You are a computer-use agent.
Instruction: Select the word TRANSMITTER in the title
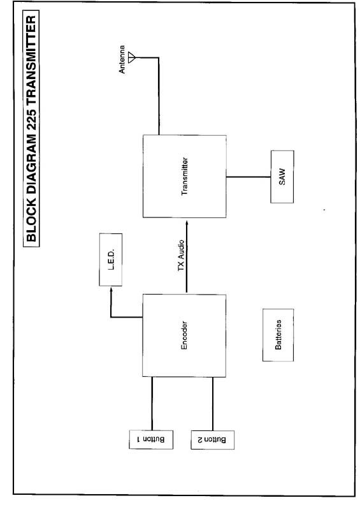(x=31, y=57)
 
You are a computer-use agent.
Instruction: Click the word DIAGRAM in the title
(x=31, y=162)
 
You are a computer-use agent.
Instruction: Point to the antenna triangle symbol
(x=132, y=57)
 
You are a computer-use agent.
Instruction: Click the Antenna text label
(x=122, y=59)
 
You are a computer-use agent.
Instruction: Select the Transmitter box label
(x=185, y=176)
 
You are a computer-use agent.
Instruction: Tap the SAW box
(x=282, y=177)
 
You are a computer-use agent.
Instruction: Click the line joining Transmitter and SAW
(x=248, y=177)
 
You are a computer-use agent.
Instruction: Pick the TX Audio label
(x=181, y=256)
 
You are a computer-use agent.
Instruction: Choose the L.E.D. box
(x=111, y=260)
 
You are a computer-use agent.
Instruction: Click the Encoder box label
(x=184, y=335)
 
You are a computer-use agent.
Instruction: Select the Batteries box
(x=278, y=335)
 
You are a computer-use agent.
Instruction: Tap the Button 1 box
(x=151, y=439)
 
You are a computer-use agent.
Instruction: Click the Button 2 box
(x=212, y=439)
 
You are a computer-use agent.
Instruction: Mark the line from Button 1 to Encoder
(x=152, y=404)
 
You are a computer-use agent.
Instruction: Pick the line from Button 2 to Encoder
(x=213, y=404)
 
